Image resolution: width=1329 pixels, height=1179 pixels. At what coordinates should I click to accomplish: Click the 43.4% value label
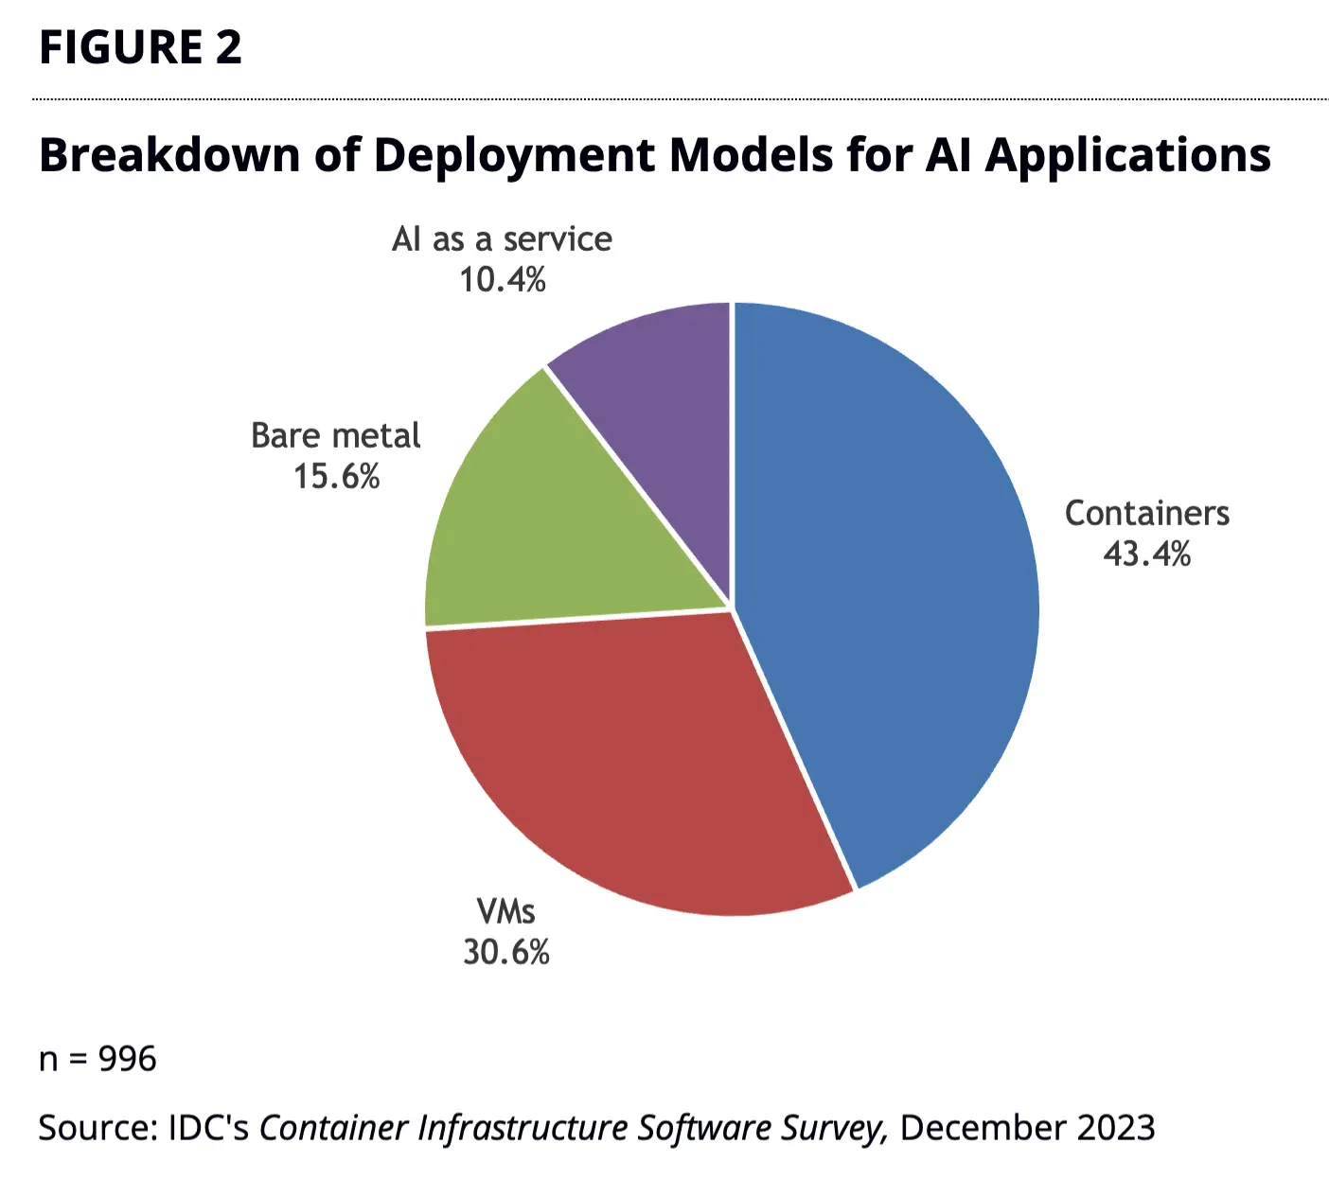[x=1146, y=554]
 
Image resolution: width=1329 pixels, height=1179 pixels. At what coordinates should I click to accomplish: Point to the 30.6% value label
[x=505, y=952]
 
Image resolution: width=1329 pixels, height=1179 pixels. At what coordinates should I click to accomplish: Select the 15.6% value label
[x=336, y=476]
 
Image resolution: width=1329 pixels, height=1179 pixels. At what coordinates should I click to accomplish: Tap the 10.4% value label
[x=502, y=280]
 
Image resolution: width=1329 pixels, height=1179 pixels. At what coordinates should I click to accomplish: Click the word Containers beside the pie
[x=1146, y=513]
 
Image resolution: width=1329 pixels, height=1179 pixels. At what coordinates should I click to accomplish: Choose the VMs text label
[x=505, y=911]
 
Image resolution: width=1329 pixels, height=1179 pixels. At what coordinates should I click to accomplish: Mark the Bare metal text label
[x=336, y=435]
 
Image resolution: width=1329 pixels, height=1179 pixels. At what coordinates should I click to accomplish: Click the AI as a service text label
[x=502, y=239]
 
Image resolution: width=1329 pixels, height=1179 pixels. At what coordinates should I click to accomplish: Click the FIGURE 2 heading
[x=140, y=47]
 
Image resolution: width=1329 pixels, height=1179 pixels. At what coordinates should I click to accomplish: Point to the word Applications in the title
[x=1127, y=156]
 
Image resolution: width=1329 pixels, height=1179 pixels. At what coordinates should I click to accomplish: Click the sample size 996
[x=127, y=1059]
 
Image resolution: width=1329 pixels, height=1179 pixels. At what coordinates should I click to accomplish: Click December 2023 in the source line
[x=1027, y=1128]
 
